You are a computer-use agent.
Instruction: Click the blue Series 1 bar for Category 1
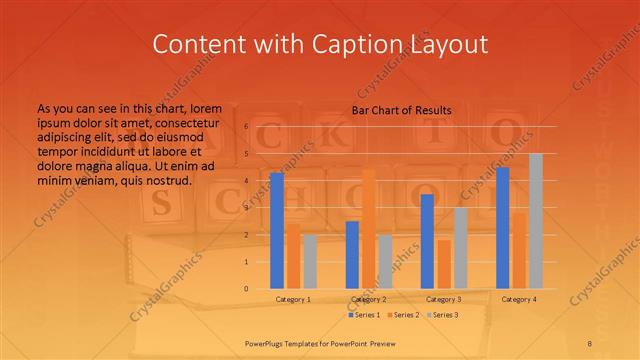coord(277,230)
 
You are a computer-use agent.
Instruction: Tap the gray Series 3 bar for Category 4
coord(535,220)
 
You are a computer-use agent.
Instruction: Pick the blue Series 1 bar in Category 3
coord(427,241)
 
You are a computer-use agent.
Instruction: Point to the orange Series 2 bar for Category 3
coord(443,263)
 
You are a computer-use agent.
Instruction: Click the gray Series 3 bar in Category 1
coord(309,261)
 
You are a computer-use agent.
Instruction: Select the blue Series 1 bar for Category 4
coord(502,227)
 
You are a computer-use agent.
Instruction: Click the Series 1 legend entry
coord(364,315)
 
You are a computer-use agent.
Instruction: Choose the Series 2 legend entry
coord(403,315)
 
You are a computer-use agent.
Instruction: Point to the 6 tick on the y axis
coord(246,127)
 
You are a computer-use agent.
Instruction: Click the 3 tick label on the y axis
coord(246,208)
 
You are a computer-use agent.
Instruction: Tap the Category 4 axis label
coord(518,299)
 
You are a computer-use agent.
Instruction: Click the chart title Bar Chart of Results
coord(401,109)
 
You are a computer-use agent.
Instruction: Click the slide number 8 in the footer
coord(589,343)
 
